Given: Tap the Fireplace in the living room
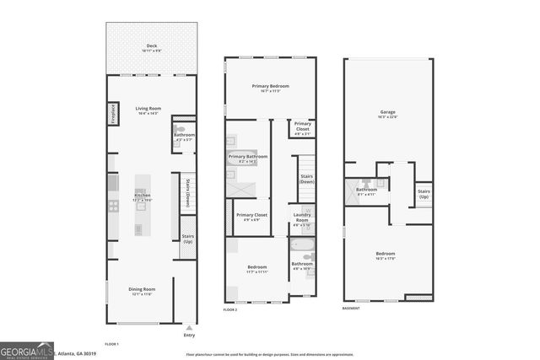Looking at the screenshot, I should click(x=111, y=115).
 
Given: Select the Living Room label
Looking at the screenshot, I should click(x=148, y=108).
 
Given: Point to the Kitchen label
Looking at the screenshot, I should click(x=143, y=196).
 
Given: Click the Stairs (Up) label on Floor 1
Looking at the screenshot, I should click(x=188, y=239).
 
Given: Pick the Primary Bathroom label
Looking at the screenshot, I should click(x=248, y=157).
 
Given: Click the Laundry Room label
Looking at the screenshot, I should click(x=302, y=216).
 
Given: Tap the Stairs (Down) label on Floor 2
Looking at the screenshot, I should click(x=307, y=178).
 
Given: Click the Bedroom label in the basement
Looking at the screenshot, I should click(x=385, y=254).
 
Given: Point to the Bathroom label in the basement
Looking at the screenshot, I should click(x=366, y=190).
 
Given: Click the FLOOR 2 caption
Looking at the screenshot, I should click(x=230, y=310).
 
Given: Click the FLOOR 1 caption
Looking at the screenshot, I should click(x=111, y=344).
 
